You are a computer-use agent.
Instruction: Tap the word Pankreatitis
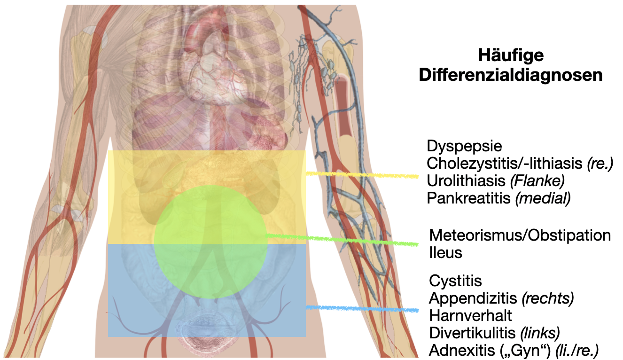(468, 198)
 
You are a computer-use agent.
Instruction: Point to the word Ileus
(445, 252)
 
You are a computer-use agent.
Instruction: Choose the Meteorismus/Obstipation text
(520, 235)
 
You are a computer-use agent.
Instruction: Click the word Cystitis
(455, 281)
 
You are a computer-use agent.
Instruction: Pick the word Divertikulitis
(473, 333)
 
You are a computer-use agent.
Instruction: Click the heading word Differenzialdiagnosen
(511, 75)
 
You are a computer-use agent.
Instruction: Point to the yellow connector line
(362, 175)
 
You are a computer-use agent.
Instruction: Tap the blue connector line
(362, 309)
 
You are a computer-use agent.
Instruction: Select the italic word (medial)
(543, 198)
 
